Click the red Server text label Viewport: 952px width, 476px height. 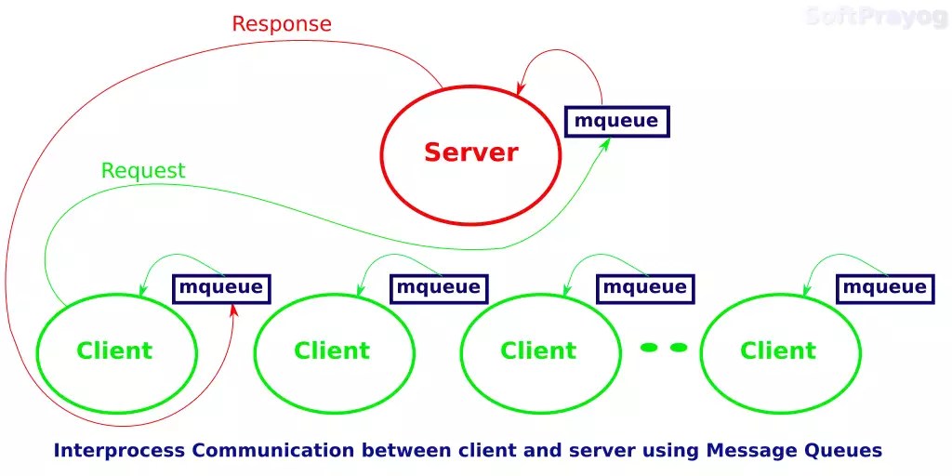pyautogui.click(x=470, y=152)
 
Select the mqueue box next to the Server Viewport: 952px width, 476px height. pyautogui.click(x=616, y=121)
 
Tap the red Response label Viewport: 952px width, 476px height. pyautogui.click(x=281, y=24)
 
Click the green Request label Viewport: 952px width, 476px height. pyautogui.click(x=143, y=171)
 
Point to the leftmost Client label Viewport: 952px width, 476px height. pyautogui.click(x=114, y=350)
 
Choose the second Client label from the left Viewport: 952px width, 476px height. pyautogui.click(x=332, y=350)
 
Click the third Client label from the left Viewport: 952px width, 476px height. pyautogui.click(x=538, y=350)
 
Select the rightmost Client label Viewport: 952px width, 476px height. pyautogui.click(x=778, y=350)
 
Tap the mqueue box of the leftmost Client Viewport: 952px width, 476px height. pyautogui.click(x=221, y=287)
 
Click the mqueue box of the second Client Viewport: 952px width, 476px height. pyautogui.click(x=438, y=287)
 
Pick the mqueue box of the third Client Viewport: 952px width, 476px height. pyautogui.click(x=644, y=287)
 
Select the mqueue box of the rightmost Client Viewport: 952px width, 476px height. pyautogui.click(x=884, y=287)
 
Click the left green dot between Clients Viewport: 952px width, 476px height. pyautogui.click(x=649, y=348)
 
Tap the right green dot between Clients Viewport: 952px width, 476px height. pyautogui.click(x=679, y=348)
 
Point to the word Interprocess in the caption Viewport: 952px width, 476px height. pyautogui.click(x=118, y=451)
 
